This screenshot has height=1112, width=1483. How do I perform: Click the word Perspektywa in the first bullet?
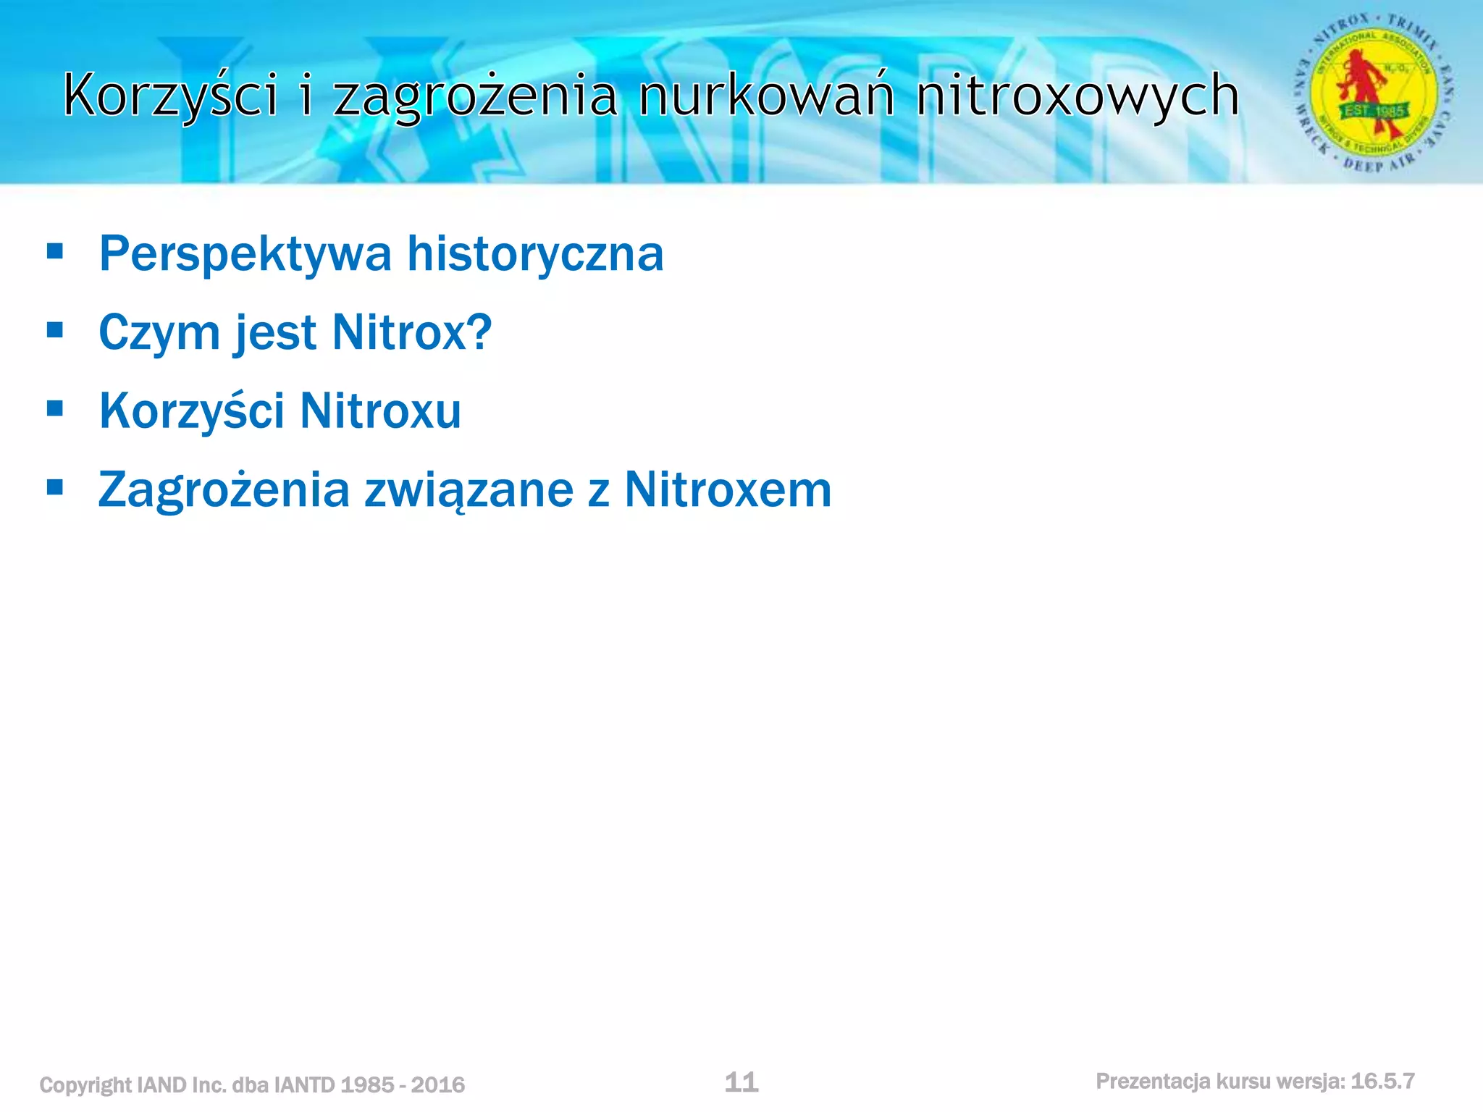(245, 254)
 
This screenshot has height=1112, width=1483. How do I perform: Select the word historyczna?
(535, 253)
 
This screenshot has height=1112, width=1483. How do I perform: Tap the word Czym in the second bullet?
(159, 332)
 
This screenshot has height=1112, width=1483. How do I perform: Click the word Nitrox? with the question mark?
(411, 332)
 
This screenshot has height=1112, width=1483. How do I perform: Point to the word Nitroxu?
(380, 410)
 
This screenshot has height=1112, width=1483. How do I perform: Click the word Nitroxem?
(727, 490)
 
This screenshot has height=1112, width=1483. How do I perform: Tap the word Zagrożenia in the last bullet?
(224, 490)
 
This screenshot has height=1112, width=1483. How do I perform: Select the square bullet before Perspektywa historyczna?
(55, 252)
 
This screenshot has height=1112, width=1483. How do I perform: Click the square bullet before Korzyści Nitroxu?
(55, 409)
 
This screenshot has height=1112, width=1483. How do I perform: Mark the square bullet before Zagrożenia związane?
(55, 488)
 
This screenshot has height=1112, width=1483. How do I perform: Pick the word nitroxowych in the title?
(1077, 95)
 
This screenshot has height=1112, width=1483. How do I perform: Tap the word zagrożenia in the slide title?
(475, 96)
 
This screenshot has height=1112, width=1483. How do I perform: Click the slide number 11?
(741, 1082)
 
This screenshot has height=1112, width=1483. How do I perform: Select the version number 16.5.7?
(1382, 1082)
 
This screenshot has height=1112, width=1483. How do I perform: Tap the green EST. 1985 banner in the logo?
(1374, 111)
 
